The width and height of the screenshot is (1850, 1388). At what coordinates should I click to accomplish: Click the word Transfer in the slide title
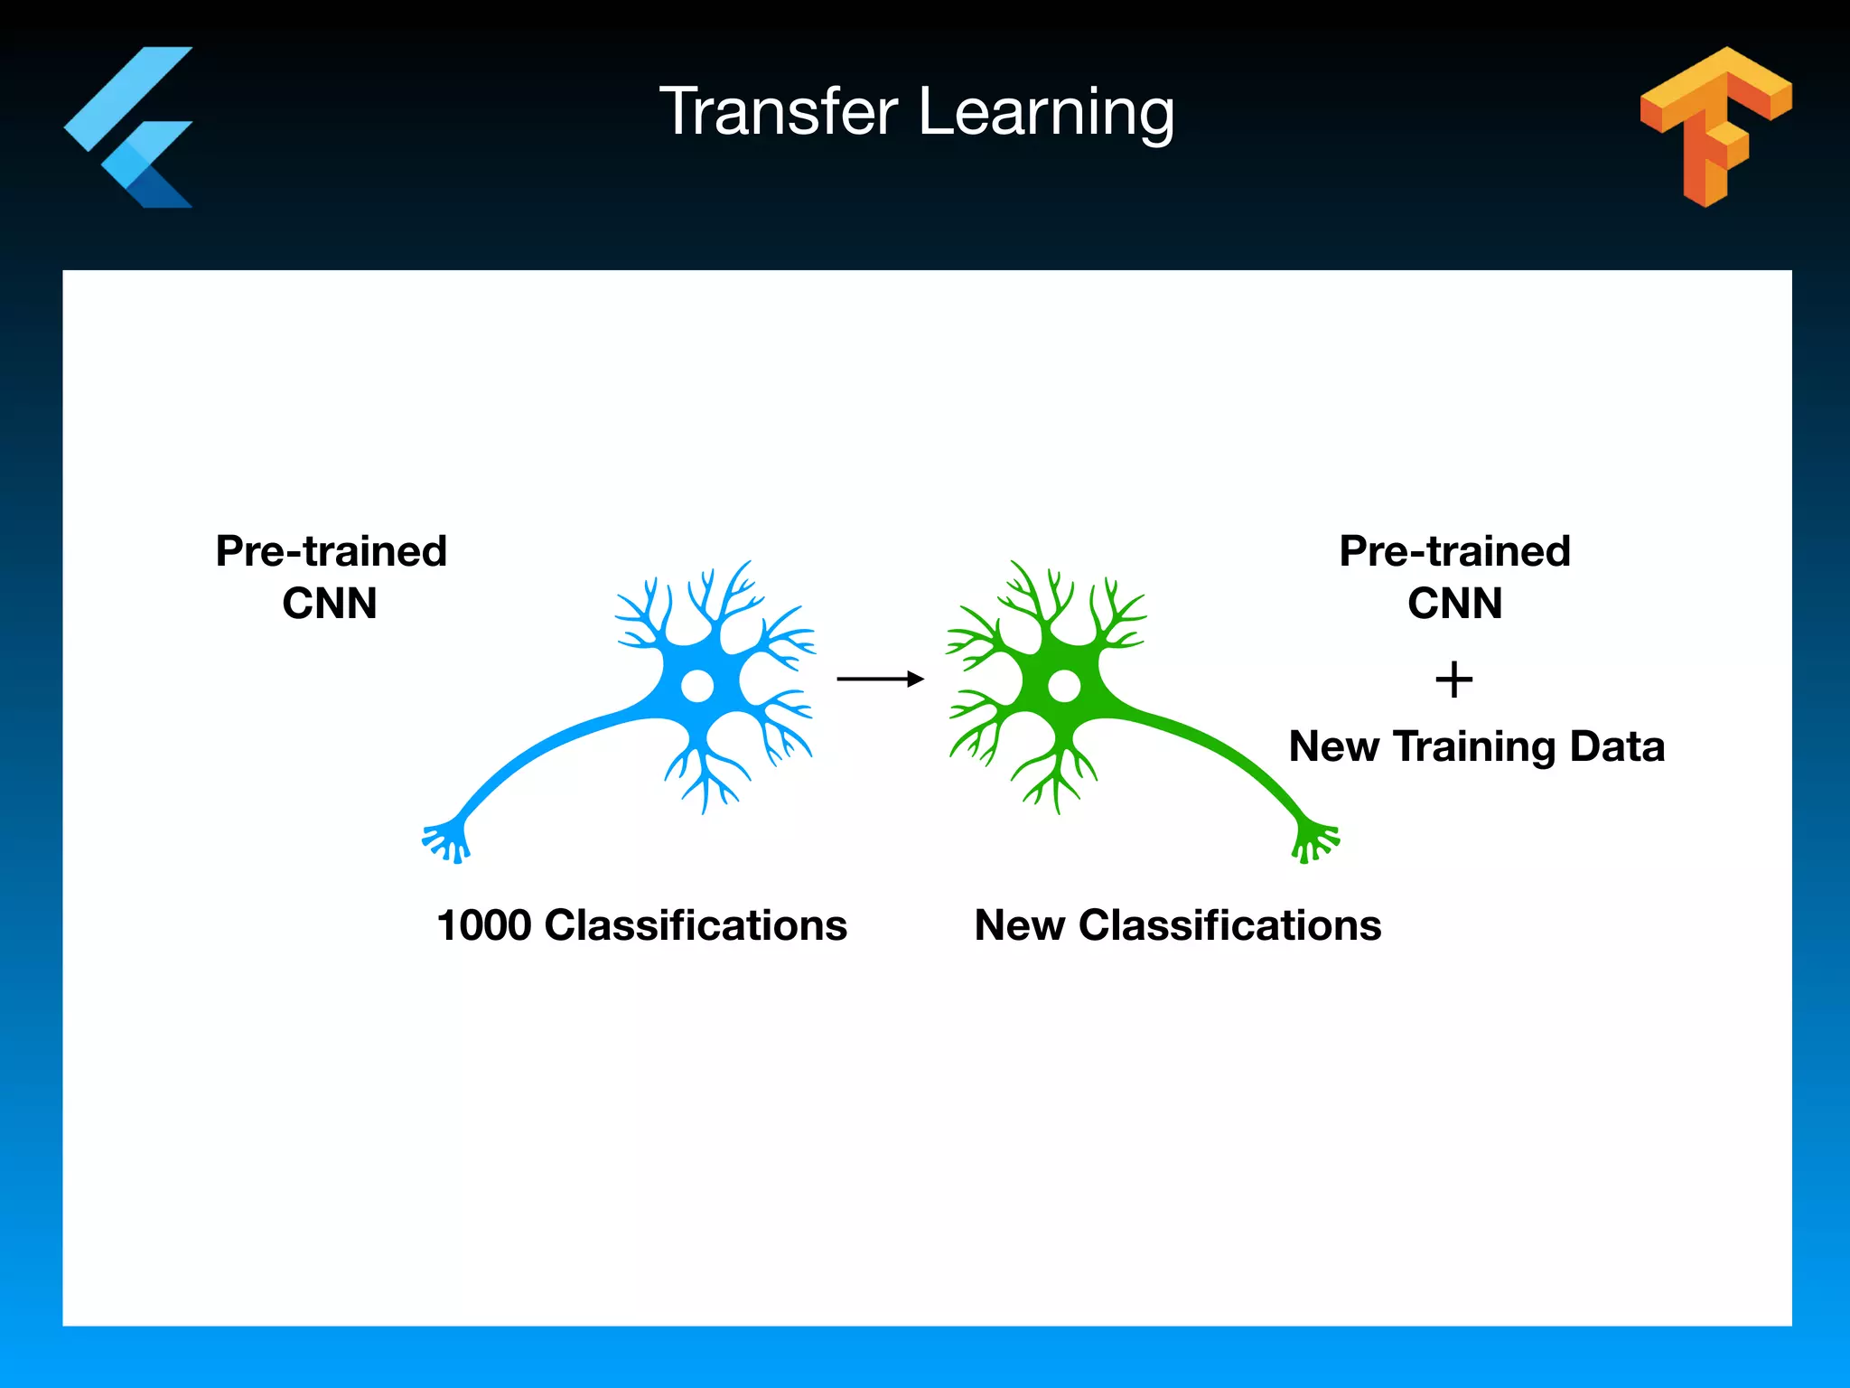pos(779,112)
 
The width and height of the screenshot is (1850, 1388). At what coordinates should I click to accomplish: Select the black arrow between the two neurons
pos(880,679)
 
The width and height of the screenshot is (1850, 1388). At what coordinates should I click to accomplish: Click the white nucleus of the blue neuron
pos(696,686)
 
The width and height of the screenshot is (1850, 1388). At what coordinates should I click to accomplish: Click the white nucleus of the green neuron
pos(1064,686)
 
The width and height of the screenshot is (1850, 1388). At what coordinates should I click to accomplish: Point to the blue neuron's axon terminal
pos(446,841)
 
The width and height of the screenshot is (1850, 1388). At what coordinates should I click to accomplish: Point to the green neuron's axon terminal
pos(1314,841)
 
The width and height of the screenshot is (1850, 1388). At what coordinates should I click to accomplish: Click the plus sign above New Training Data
pos(1453,680)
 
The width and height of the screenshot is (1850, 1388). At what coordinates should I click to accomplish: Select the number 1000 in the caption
pos(483,925)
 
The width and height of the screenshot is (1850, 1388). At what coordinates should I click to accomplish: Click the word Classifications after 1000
pos(696,925)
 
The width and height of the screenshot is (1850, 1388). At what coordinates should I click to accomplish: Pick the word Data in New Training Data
pos(1617,746)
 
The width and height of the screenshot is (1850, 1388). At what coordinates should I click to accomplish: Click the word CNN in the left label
pos(330,603)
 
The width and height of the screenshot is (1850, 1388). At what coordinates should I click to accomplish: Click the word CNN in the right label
pos(1454,603)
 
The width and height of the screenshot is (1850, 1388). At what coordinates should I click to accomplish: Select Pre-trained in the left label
pos(331,551)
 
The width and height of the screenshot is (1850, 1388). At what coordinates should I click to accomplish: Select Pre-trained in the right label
pos(1454,551)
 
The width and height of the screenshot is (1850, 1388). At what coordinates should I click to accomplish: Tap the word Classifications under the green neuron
pos(1229,925)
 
